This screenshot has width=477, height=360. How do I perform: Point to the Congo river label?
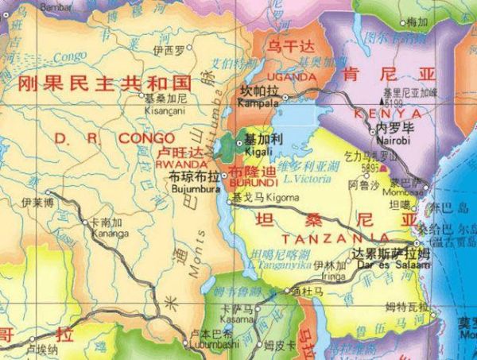click(71, 56)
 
